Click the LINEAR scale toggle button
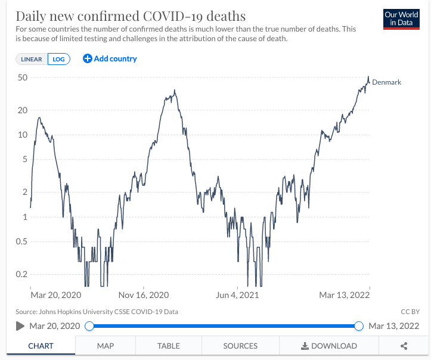pyautogui.click(x=32, y=59)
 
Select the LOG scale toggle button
pyautogui.click(x=59, y=59)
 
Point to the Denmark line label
pyautogui.click(x=386, y=82)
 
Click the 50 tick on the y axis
pyautogui.click(x=23, y=77)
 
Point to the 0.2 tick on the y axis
pyautogui.click(x=22, y=274)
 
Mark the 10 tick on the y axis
pyautogui.click(x=23, y=135)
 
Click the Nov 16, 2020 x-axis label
pyautogui.click(x=144, y=295)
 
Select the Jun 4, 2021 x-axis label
pyautogui.click(x=238, y=295)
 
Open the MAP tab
pyautogui.click(x=106, y=346)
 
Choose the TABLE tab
pyautogui.click(x=169, y=346)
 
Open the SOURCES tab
pyautogui.click(x=240, y=346)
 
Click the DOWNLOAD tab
pyautogui.click(x=328, y=346)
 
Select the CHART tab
pyautogui.click(x=41, y=346)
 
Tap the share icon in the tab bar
pyautogui.click(x=404, y=346)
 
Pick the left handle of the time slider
pyautogui.click(x=89, y=326)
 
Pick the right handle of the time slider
pyautogui.click(x=359, y=326)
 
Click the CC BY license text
pyautogui.click(x=411, y=312)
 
